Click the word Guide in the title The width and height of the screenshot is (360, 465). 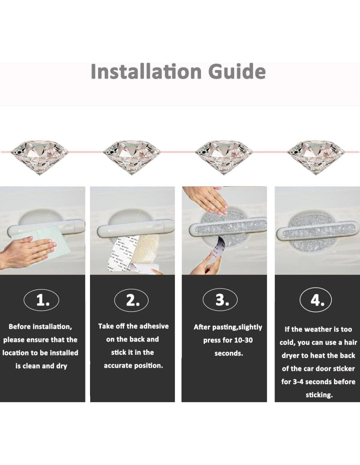[x=237, y=72]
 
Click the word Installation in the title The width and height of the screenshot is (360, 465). [x=146, y=72]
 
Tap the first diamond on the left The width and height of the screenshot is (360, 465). [x=39, y=158]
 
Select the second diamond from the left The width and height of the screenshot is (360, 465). [x=132, y=158]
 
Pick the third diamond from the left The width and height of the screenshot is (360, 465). [x=224, y=158]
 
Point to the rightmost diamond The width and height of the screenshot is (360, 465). [x=316, y=158]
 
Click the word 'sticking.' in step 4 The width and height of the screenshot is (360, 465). [x=319, y=395]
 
